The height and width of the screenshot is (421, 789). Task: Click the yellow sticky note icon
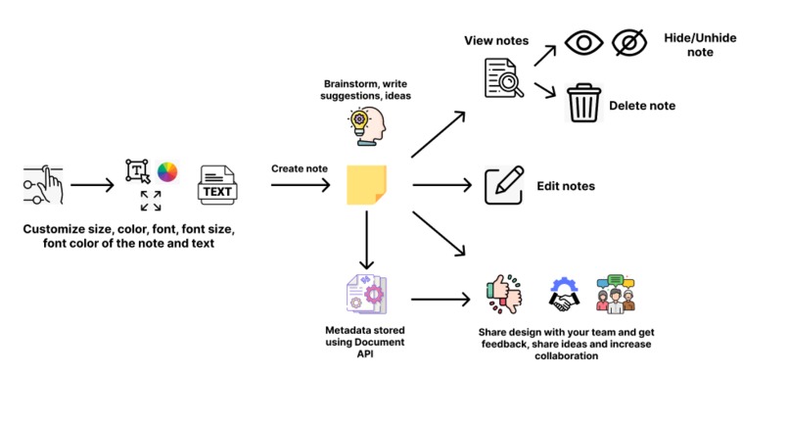(367, 184)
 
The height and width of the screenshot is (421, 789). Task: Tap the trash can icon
(583, 103)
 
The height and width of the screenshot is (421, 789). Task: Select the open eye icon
(585, 44)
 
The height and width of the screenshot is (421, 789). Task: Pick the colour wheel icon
(167, 172)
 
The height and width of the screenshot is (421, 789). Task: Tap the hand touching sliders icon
(41, 184)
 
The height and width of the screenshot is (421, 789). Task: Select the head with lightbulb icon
(367, 126)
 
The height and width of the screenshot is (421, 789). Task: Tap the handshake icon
(565, 295)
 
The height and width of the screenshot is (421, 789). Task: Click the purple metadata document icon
(366, 294)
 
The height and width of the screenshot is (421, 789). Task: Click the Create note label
(300, 168)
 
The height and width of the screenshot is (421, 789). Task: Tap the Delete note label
(642, 106)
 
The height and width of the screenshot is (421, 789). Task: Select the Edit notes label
(565, 185)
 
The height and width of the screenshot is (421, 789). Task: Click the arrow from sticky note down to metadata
(366, 240)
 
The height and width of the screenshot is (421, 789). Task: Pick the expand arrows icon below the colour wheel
(150, 201)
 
